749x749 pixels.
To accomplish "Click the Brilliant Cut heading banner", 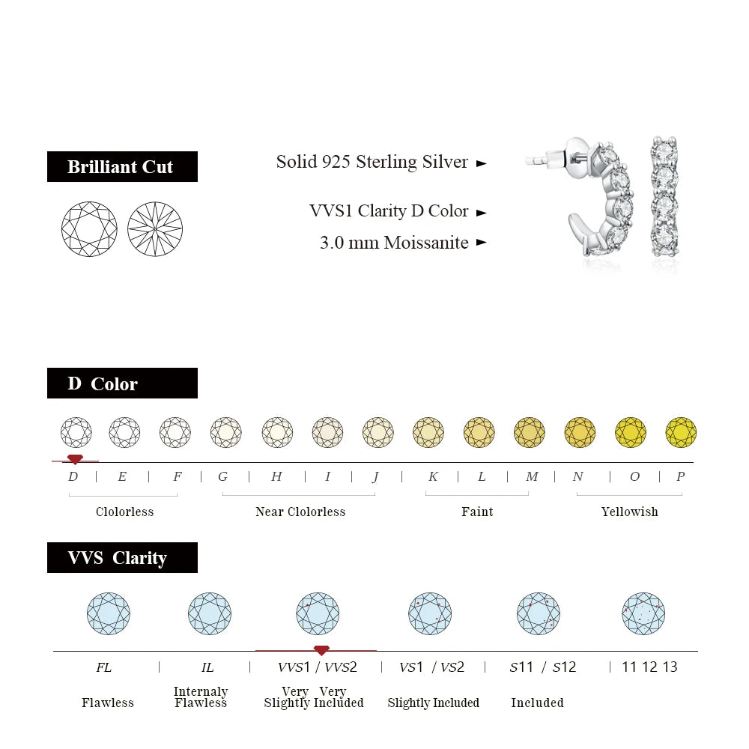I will click(122, 166).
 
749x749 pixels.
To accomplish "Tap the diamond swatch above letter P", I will click(681, 432).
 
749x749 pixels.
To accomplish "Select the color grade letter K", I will click(433, 476).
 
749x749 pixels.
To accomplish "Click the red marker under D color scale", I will click(75, 459).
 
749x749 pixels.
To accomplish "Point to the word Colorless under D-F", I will click(124, 512).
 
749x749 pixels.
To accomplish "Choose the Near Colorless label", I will click(300, 512).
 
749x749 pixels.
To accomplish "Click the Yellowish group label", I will click(629, 512).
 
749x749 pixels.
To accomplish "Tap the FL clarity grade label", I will click(104, 667).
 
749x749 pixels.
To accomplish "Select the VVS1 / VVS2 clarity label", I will click(318, 667).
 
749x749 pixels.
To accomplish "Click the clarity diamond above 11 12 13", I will click(643, 613).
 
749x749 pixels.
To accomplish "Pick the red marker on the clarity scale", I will click(321, 649).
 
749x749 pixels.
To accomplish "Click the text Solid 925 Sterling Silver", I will click(372, 162).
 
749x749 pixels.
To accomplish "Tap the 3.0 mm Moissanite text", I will click(394, 243).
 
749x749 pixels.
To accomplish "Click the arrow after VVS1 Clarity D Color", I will click(482, 213).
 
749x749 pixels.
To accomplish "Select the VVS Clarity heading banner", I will click(122, 557).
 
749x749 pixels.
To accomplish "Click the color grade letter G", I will click(222, 476).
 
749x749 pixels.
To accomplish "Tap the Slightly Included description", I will click(433, 703).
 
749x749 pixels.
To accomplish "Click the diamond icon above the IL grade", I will click(209, 613).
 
